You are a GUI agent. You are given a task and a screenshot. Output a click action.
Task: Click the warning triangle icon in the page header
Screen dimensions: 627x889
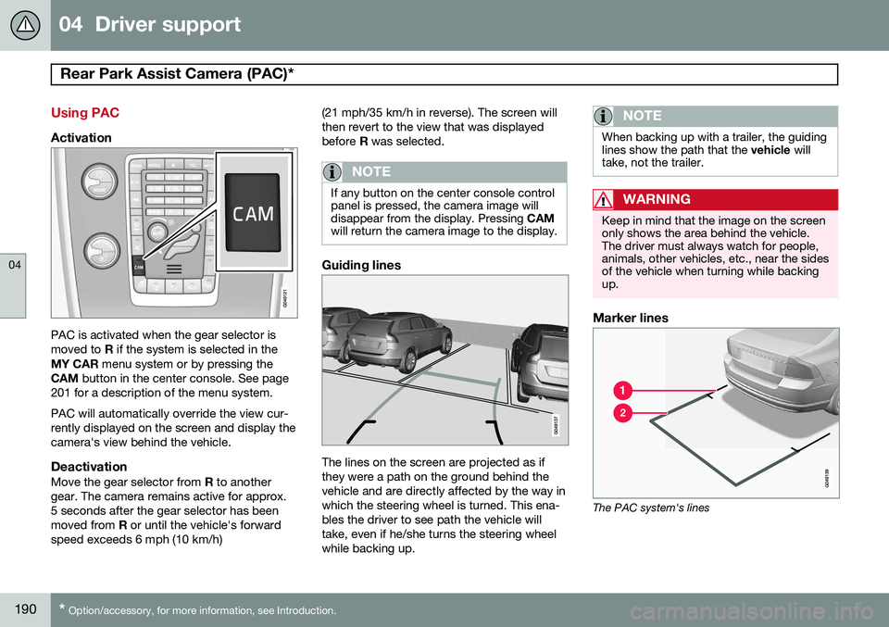[25, 25]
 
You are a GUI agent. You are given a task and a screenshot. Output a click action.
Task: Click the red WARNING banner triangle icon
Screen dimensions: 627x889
[606, 199]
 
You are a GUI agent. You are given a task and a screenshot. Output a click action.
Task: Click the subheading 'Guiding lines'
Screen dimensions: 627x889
[360, 265]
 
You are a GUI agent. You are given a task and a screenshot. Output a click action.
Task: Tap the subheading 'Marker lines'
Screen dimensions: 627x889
[632, 318]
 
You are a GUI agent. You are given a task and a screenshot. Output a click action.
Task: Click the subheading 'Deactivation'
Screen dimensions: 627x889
[89, 468]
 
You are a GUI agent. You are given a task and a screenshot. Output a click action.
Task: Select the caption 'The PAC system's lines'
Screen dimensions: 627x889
[649, 508]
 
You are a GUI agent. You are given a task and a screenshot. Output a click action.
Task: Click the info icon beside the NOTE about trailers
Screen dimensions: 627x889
[606, 116]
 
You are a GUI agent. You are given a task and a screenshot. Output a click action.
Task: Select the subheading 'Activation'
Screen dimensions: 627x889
[81, 137]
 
